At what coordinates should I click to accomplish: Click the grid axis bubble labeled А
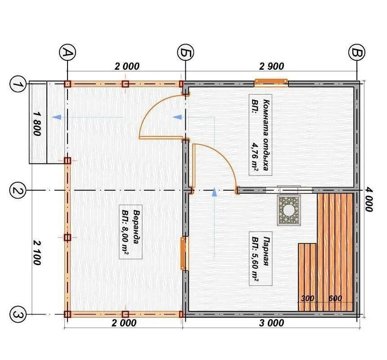pos(67,53)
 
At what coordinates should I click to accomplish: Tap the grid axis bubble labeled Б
pos(185,53)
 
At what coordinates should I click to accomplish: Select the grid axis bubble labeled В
pos(357,53)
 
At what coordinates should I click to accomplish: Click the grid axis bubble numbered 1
pos(17,84)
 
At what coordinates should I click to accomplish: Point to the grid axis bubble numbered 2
pos(17,190)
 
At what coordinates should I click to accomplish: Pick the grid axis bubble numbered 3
pos(17,315)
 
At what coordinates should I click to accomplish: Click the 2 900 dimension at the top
pos(271,66)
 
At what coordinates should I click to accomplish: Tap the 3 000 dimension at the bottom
pos(271,323)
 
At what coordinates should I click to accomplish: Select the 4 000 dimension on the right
pos(369,199)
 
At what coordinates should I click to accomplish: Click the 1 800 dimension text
pos(37,124)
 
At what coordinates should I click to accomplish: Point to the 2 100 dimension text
pos(37,253)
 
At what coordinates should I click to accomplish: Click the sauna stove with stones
pos(289,210)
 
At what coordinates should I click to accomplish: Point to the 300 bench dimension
pos(307,298)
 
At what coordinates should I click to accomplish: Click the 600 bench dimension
pos(335,298)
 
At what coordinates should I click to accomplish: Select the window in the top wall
pos(271,82)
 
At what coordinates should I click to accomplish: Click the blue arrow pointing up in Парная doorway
pos(214,192)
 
